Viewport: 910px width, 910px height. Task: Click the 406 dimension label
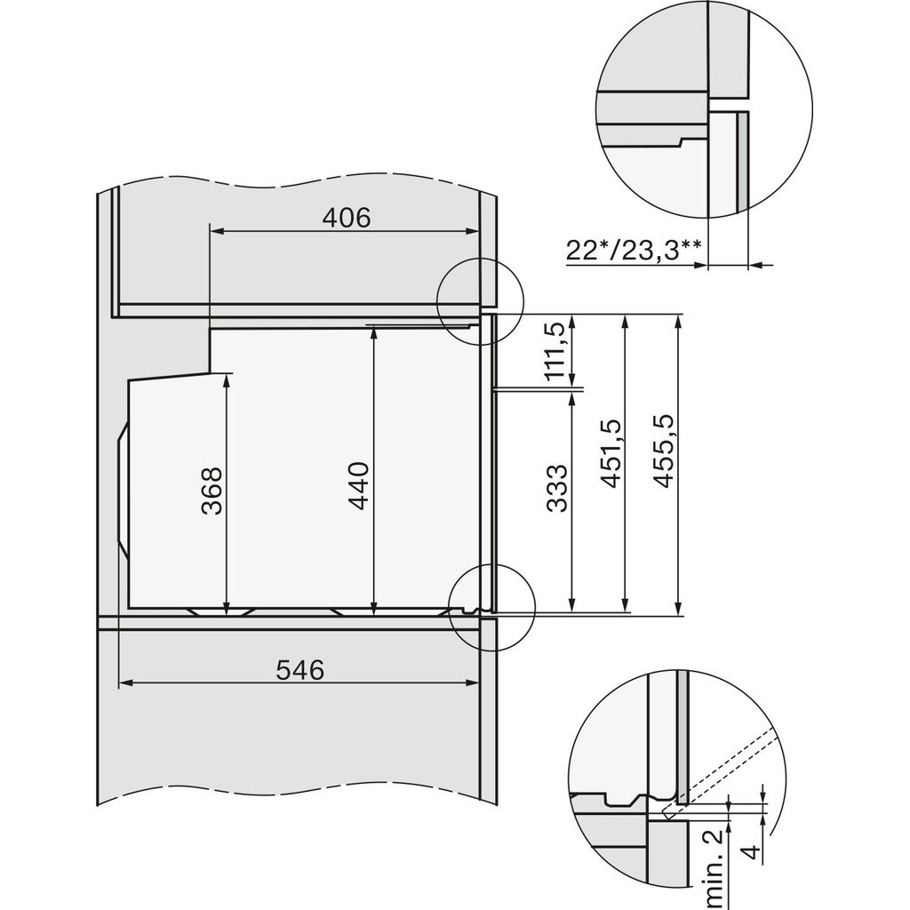[346, 217]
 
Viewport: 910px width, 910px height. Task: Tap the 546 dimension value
[299, 670]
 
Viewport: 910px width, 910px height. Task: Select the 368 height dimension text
[212, 491]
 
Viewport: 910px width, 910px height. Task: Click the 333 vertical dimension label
[556, 488]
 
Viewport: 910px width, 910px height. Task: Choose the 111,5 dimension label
[555, 353]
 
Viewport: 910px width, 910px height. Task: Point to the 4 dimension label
[751, 854]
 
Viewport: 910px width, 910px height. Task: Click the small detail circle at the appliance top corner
[480, 301]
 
